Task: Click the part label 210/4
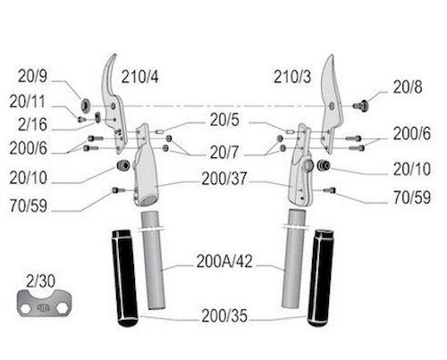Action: [x=139, y=77]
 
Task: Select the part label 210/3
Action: [x=292, y=77]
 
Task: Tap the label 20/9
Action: [x=32, y=76]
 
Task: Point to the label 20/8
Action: [x=408, y=88]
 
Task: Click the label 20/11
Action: [x=28, y=102]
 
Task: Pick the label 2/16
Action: [x=32, y=124]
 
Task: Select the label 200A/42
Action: [x=224, y=262]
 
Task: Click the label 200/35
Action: [x=224, y=316]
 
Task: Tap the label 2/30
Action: [x=40, y=281]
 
